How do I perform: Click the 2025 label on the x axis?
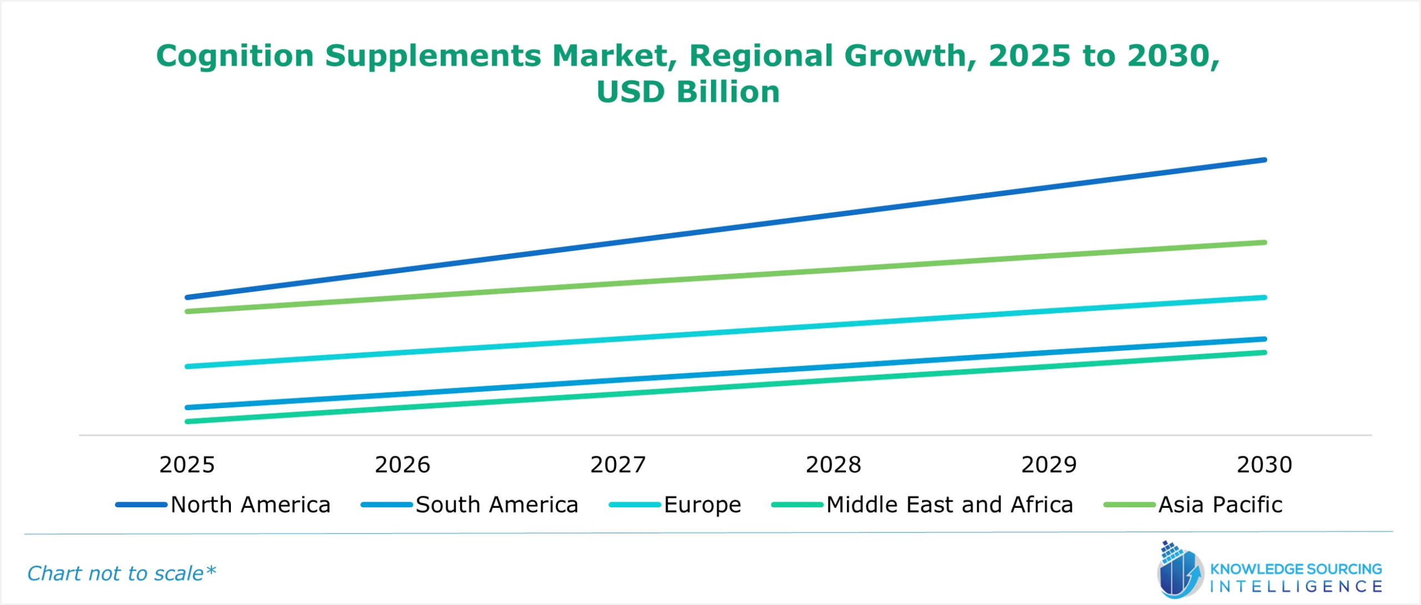(187, 465)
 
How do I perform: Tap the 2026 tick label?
(402, 465)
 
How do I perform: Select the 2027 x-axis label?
(618, 465)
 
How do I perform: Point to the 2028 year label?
(833, 465)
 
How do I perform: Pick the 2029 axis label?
(1049, 465)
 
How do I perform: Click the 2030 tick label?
(1264, 465)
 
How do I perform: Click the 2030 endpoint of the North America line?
(1264, 160)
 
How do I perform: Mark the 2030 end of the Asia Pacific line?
(1264, 243)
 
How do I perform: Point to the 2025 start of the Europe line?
(187, 366)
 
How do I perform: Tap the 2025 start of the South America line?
(187, 407)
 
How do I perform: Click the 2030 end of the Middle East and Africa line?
(1264, 352)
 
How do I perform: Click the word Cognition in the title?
(235, 56)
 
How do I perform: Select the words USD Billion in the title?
(688, 92)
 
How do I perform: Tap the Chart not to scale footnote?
(121, 573)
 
